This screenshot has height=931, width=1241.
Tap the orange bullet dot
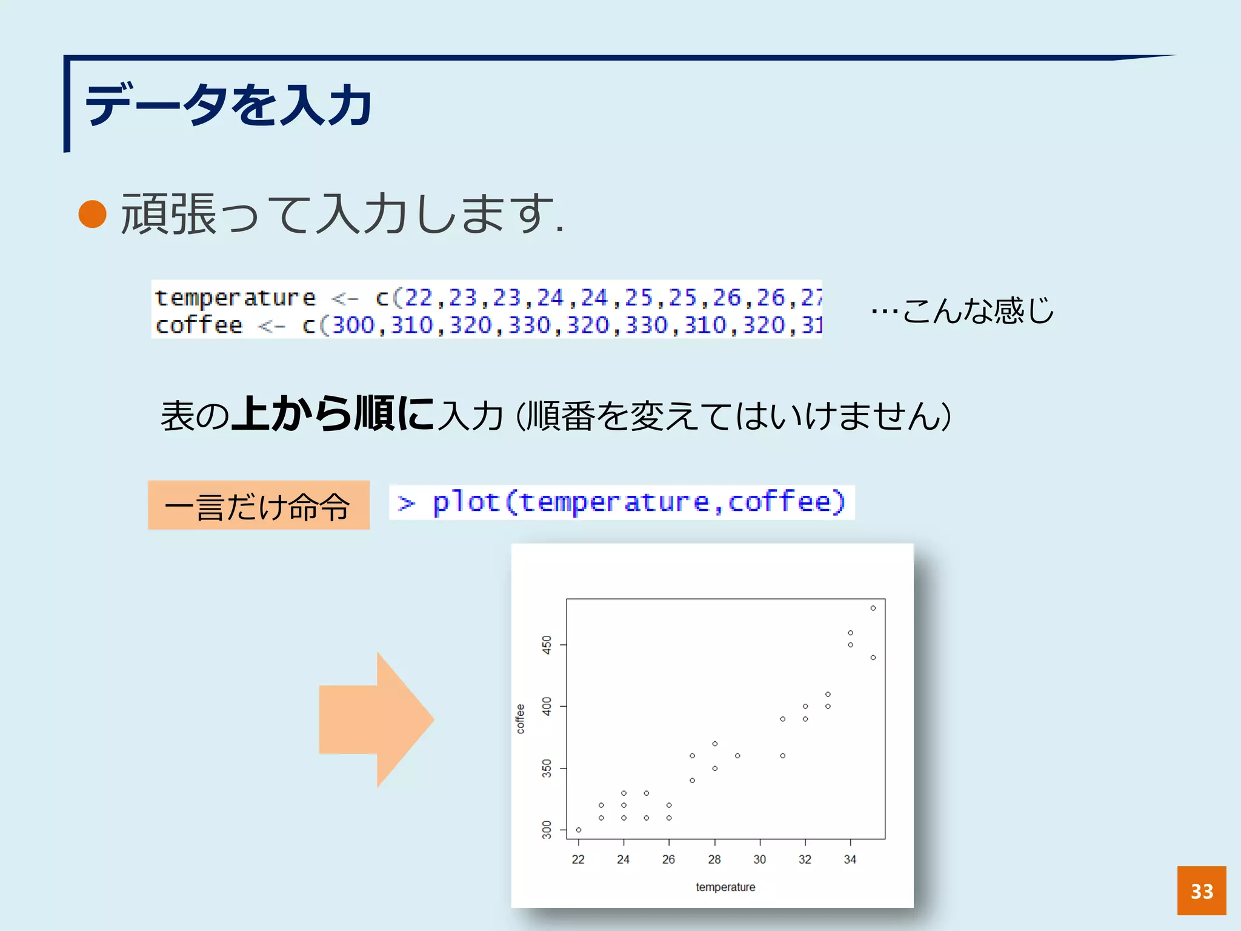(x=93, y=214)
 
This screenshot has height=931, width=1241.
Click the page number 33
(x=1201, y=890)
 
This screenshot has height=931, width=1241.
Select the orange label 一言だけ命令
(x=259, y=506)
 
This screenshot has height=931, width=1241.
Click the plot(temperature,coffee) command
(x=622, y=502)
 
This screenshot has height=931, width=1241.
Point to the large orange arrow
(x=376, y=719)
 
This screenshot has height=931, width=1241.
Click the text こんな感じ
(x=977, y=310)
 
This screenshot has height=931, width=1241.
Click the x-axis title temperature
(x=725, y=887)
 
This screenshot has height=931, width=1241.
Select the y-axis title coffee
(x=520, y=719)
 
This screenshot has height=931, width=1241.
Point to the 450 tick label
(x=547, y=644)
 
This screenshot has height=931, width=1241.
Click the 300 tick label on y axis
(x=547, y=829)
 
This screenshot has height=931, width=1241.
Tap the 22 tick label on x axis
(x=578, y=859)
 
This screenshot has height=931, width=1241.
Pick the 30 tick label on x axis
(x=759, y=859)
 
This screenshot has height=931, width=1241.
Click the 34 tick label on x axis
(x=850, y=859)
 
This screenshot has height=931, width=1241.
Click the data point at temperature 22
(x=579, y=830)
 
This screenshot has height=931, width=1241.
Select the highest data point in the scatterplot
(x=873, y=608)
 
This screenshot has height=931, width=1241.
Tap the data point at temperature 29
(x=737, y=756)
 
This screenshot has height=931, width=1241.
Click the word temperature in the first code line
(x=235, y=298)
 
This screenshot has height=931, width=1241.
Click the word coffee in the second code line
(x=199, y=325)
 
